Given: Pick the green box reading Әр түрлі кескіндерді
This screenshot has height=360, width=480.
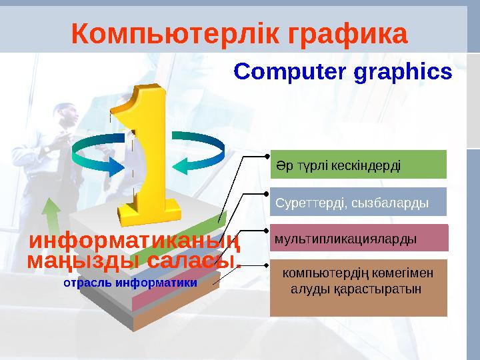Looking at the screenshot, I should click(357, 165).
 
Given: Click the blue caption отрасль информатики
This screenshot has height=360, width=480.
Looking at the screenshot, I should click(129, 283).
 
